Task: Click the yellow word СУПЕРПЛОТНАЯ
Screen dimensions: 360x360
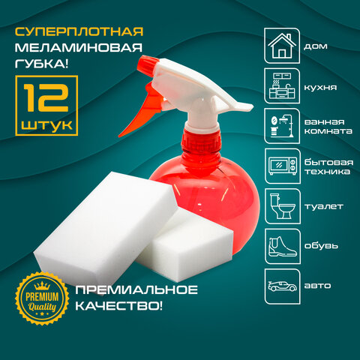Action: [79, 31]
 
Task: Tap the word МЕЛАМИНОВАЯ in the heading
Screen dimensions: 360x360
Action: [79, 47]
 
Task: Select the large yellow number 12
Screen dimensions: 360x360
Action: [46, 97]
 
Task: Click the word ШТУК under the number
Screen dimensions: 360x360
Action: [46, 124]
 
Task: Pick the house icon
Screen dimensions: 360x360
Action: [282, 46]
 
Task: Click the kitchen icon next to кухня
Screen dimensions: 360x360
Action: [282, 86]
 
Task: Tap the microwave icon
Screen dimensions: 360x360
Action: [283, 166]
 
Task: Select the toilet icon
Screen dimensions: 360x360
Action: [282, 206]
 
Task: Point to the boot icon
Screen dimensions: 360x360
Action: [282, 246]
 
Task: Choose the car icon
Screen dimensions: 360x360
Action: [282, 286]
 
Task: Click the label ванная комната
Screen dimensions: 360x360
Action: [328, 127]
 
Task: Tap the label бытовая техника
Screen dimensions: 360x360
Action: [328, 166]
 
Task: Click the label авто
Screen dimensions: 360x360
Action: [317, 286]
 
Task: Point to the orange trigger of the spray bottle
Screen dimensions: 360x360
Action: [142, 110]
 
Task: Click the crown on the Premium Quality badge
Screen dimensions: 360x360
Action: [42, 286]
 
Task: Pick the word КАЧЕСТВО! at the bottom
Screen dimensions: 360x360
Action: [119, 306]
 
